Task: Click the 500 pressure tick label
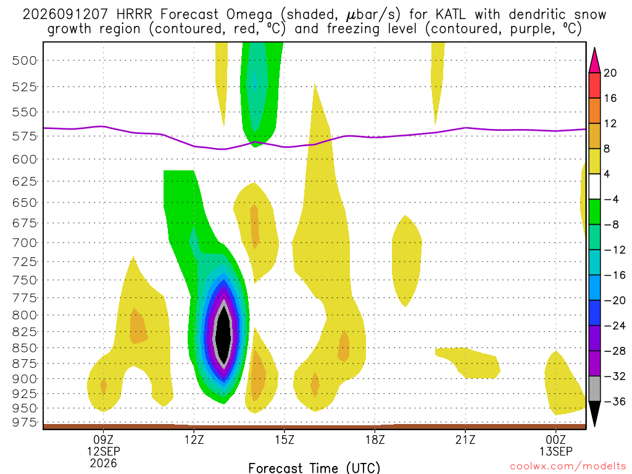coord(25,61)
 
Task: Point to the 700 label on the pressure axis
coord(25,243)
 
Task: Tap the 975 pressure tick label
coord(25,422)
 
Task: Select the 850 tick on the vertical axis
coord(25,348)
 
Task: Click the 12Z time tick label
coord(194,439)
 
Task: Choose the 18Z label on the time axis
coord(375,439)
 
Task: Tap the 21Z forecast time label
coord(465,439)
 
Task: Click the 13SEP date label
coord(556,451)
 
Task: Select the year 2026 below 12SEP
coord(104,463)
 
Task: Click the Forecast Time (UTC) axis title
coord(314,468)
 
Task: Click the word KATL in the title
coord(450,15)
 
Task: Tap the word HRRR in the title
coord(134,15)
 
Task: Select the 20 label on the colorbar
coord(610,73)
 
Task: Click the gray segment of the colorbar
coord(594,389)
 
